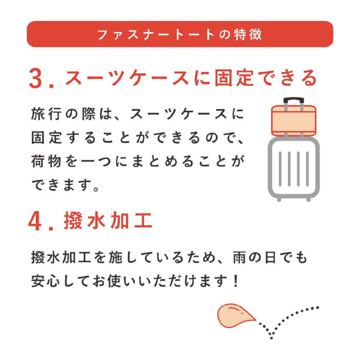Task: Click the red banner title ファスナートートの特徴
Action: pos(180,35)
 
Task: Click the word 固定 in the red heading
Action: pos(234,78)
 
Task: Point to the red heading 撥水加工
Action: pos(108,220)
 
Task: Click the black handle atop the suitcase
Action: pos(294,100)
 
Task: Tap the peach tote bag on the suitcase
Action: pos(294,120)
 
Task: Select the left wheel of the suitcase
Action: pos(279,199)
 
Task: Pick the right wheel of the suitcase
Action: pos(309,199)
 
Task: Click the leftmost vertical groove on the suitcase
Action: pos(280,169)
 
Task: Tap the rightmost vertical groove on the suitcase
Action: pos(307,169)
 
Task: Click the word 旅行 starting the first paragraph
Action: pos(46,114)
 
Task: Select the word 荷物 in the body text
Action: pos(46,161)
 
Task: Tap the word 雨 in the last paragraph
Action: pos(240,258)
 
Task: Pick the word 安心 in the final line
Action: pos(46,281)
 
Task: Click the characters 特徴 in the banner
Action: pos(248,35)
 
